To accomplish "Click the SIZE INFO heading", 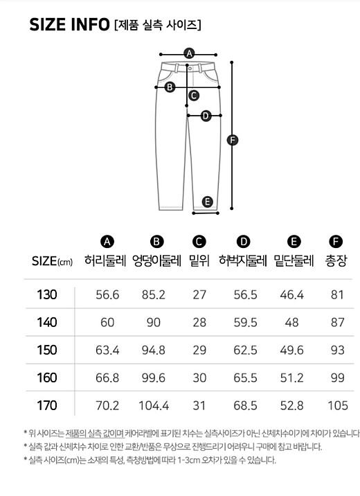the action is pyautogui.click(x=69, y=25).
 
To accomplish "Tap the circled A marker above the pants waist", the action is pyautogui.click(x=189, y=53).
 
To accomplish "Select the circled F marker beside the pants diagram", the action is pyautogui.click(x=233, y=140).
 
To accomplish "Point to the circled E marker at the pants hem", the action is pyautogui.click(x=207, y=202).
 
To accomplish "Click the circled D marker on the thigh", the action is pyautogui.click(x=206, y=116).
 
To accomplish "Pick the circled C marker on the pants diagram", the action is pyautogui.click(x=193, y=95).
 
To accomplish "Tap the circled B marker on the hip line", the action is pyautogui.click(x=170, y=87).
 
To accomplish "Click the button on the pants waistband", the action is pyautogui.click(x=190, y=68).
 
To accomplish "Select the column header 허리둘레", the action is pyautogui.click(x=105, y=261).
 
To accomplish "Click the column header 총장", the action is pyautogui.click(x=336, y=261).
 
